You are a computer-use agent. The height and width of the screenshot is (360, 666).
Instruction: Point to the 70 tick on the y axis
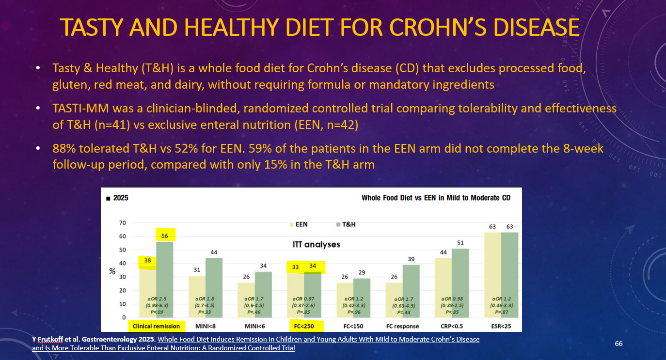[122, 223]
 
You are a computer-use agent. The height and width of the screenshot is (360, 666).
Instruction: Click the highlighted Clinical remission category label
[156, 326]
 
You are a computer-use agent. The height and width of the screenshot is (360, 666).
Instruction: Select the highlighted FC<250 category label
[305, 326]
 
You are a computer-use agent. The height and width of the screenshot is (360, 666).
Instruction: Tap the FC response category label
[403, 326]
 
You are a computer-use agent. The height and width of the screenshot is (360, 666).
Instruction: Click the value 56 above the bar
[164, 236]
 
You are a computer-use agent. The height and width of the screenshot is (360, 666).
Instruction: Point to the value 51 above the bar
[460, 243]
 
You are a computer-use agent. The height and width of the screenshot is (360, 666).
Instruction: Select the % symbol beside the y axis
[111, 271]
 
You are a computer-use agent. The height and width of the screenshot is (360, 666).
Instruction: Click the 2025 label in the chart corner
[118, 198]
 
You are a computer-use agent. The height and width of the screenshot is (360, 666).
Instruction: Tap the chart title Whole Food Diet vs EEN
[436, 198]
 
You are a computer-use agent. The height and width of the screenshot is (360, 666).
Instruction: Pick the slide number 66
[618, 344]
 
